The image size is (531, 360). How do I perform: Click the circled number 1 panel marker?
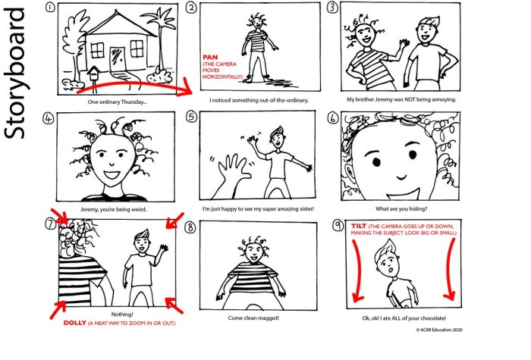(49, 8)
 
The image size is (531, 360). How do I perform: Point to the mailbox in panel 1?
(94, 73)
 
